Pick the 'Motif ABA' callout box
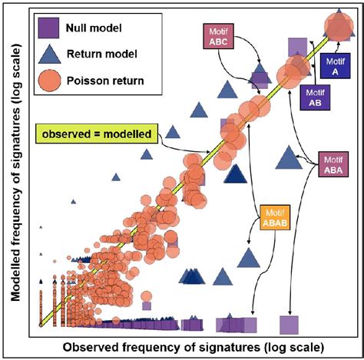334,164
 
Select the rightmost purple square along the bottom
289,324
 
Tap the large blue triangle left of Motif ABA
289,159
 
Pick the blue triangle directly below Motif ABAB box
248,259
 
